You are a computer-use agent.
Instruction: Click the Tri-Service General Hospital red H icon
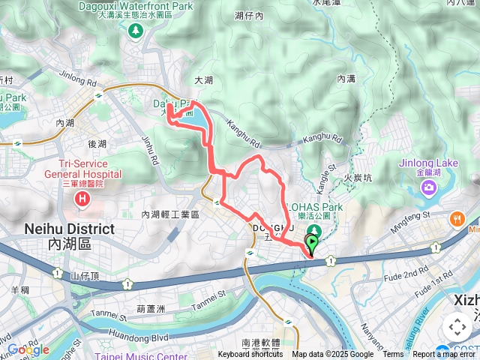pyautogui.click(x=82, y=199)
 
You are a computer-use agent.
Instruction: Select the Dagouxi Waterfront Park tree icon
pyautogui.click(x=135, y=31)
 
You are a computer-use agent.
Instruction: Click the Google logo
pyautogui.click(x=28, y=349)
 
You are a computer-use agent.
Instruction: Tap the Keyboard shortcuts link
pyautogui.click(x=250, y=355)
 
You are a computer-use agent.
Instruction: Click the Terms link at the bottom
pyautogui.click(x=393, y=355)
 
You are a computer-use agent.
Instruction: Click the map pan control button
pyautogui.click(x=457, y=327)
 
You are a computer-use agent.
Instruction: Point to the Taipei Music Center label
pyautogui.click(x=136, y=355)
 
